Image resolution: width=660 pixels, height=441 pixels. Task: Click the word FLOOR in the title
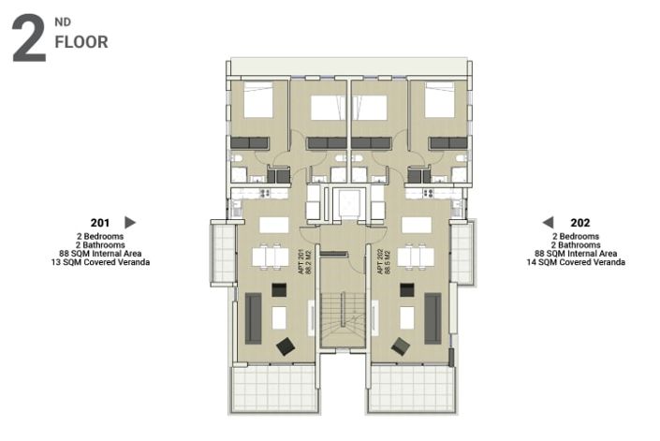pos(81,42)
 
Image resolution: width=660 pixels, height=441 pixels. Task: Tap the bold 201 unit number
pos(100,222)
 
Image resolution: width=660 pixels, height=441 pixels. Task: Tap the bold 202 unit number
pos(579,222)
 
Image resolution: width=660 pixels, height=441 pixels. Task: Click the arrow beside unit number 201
pos(130,222)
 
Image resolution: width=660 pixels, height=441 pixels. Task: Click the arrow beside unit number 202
pos(549,222)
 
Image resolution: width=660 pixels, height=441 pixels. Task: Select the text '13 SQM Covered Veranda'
pos(100,263)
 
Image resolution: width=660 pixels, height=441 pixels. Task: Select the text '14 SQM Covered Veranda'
pos(576,263)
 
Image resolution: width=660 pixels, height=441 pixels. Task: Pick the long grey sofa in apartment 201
pos(254,318)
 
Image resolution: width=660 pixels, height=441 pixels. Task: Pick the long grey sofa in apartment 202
pos(433,318)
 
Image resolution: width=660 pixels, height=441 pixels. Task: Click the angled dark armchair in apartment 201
pos(286,346)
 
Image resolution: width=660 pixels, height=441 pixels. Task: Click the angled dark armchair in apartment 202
pos(400,346)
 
